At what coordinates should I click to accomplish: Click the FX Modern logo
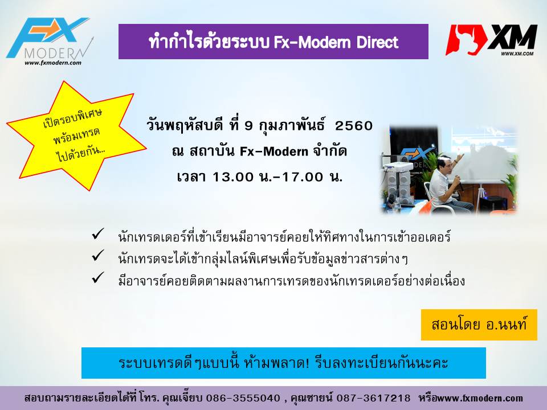click(x=49, y=40)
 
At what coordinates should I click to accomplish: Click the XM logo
click(x=492, y=40)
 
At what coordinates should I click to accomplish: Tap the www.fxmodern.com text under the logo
click(x=52, y=63)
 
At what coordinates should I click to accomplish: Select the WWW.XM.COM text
click(x=517, y=54)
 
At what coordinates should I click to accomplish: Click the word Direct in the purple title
click(x=377, y=42)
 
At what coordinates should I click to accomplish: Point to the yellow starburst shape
click(x=76, y=136)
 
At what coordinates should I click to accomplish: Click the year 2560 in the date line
click(x=354, y=125)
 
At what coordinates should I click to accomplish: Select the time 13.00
click(x=232, y=177)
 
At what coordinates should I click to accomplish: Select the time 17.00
click(x=303, y=177)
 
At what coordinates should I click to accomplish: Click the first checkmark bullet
click(x=98, y=233)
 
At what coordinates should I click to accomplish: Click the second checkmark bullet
click(x=98, y=256)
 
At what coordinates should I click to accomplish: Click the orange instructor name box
click(x=479, y=325)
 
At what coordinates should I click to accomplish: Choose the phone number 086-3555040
click(x=243, y=398)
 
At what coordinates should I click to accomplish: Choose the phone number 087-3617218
click(x=373, y=398)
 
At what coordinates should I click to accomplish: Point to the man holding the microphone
click(x=445, y=184)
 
